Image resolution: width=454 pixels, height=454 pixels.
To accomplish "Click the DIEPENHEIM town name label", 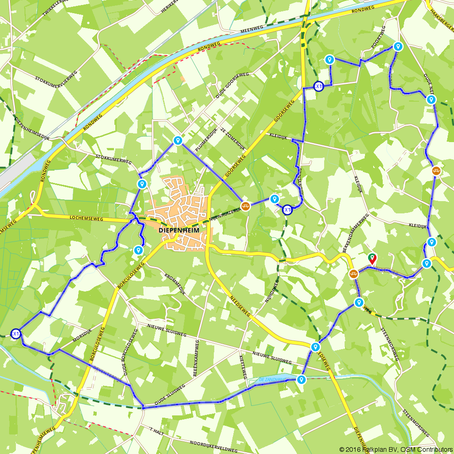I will click(179, 231).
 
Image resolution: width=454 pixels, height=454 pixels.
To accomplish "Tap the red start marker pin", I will click(372, 258).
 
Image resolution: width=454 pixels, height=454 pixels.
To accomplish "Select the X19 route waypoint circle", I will click(319, 86).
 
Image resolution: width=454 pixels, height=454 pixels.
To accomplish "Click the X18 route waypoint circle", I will click(287, 210).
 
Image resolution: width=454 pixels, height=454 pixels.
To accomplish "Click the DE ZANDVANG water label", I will click(271, 379).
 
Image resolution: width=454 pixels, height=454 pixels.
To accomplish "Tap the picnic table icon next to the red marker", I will click(354, 274).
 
